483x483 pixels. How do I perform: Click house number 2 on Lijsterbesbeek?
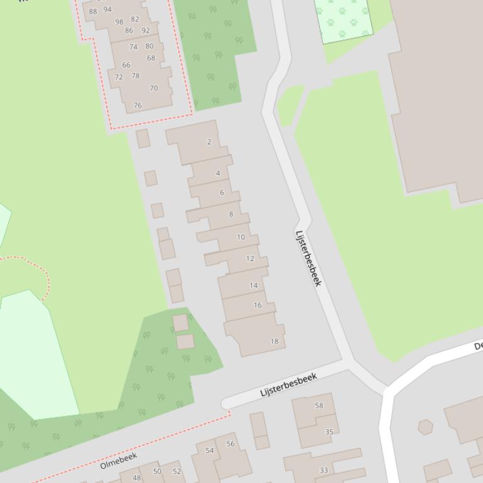pyautogui.click(x=209, y=142)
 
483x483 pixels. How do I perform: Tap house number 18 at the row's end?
pyautogui.click(x=274, y=341)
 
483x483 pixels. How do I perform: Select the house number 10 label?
pyautogui.click(x=241, y=237)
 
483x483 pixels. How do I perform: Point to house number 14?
pyautogui.click(x=254, y=285)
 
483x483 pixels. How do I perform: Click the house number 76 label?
pyautogui.click(x=138, y=105)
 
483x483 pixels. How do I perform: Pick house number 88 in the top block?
pyautogui.click(x=94, y=11)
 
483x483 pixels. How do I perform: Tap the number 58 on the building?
pyautogui.click(x=319, y=405)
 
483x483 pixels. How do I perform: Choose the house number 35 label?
pyautogui.click(x=329, y=432)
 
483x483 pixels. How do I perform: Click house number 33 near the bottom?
pyautogui.click(x=324, y=470)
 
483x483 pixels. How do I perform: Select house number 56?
pyautogui.click(x=231, y=443)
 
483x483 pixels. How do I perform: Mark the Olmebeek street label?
pyautogui.click(x=118, y=460)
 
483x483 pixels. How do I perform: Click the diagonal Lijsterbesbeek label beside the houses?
pyautogui.click(x=308, y=258)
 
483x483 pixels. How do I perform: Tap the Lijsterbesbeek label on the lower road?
pyautogui.click(x=288, y=385)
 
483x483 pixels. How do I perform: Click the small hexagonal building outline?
pyautogui.click(x=426, y=427)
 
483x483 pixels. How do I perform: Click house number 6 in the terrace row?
pyautogui.click(x=222, y=193)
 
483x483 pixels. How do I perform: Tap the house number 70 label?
pyautogui.click(x=154, y=88)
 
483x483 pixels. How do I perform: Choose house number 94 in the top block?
pyautogui.click(x=107, y=9)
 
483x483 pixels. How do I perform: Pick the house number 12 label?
pyautogui.click(x=250, y=258)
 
